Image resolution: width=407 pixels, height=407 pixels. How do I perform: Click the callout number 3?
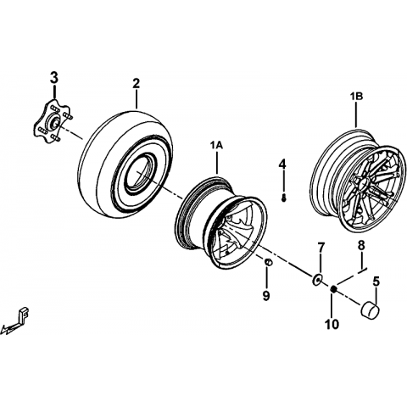(54, 78)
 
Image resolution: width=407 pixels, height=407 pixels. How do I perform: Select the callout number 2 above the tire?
(137, 83)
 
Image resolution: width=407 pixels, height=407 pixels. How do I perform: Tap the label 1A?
(216, 146)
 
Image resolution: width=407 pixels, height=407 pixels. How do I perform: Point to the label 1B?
(356, 97)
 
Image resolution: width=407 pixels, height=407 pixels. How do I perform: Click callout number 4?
(282, 164)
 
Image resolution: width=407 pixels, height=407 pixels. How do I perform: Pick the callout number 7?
(321, 248)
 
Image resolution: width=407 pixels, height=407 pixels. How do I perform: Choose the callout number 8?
(361, 246)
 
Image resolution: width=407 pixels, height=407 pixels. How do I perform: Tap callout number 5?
(376, 281)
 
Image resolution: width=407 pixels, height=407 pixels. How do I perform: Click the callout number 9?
(266, 296)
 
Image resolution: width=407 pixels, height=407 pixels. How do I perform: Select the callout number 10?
(332, 324)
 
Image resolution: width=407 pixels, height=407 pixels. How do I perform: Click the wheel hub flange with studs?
(53, 122)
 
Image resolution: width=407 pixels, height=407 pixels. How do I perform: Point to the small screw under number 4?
(284, 199)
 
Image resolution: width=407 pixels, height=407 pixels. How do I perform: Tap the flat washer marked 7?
(317, 279)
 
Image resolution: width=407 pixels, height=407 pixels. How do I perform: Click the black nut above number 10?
(333, 289)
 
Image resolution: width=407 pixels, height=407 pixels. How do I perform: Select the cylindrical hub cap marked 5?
(370, 309)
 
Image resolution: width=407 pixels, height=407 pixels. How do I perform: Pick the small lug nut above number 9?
(268, 262)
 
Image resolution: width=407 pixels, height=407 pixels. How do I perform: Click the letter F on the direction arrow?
(25, 313)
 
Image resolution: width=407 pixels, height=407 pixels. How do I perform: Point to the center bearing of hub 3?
(54, 122)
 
